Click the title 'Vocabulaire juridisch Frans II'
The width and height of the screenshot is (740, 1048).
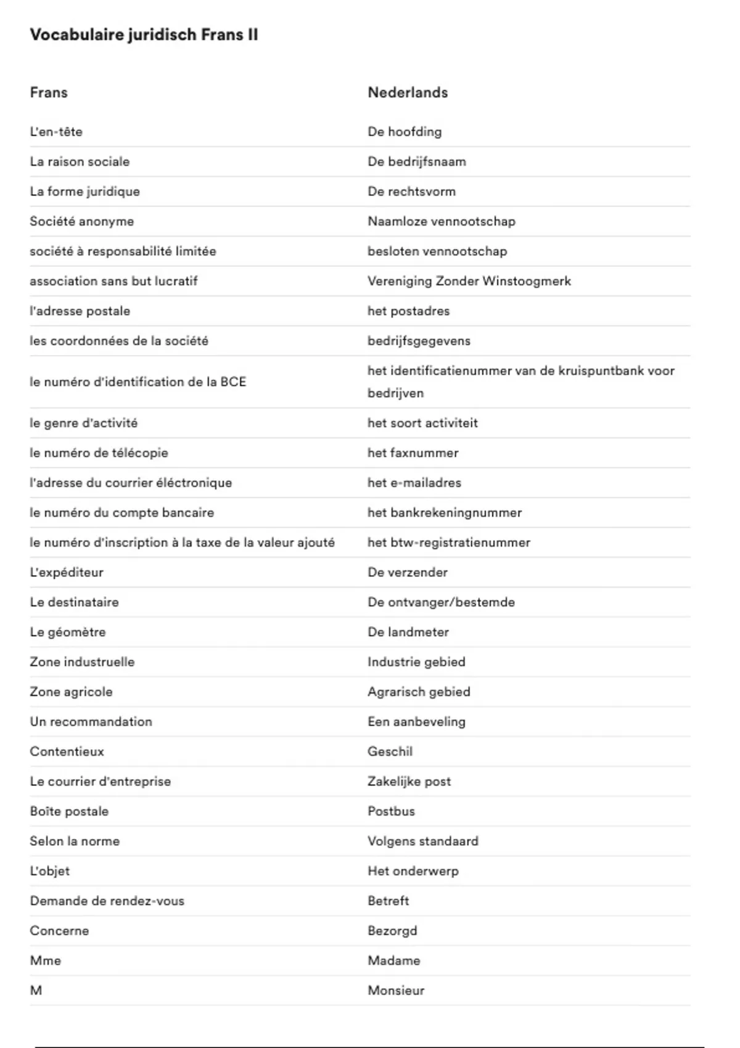pos(144,35)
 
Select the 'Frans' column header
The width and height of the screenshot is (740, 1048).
pos(49,92)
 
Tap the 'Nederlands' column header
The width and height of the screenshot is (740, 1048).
pos(408,92)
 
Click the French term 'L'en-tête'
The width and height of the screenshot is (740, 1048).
pos(56,132)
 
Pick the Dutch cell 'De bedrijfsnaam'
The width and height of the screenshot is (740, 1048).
pos(417,162)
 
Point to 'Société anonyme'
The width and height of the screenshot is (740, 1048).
pos(82,221)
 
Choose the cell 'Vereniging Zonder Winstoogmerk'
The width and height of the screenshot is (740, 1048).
pos(469,281)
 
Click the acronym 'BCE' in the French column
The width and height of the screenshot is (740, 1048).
pos(233,382)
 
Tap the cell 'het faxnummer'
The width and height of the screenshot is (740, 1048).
pos(413,453)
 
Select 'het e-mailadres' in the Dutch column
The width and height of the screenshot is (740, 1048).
pos(414,483)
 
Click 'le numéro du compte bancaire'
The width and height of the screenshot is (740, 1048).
pos(122,513)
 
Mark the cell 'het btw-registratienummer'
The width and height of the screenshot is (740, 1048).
pos(449,542)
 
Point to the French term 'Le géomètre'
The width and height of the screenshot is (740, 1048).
pos(68,632)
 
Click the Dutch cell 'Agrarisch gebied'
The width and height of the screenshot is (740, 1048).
pos(419,692)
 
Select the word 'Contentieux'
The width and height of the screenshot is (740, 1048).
pos(67,751)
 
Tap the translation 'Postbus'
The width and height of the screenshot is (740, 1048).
pos(391,811)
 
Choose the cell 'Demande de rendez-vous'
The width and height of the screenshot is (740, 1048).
pos(107,901)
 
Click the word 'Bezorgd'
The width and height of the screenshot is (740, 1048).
pos(392,931)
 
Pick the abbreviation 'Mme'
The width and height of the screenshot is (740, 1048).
pos(46,960)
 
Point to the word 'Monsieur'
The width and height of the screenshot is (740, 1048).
pos(396,991)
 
